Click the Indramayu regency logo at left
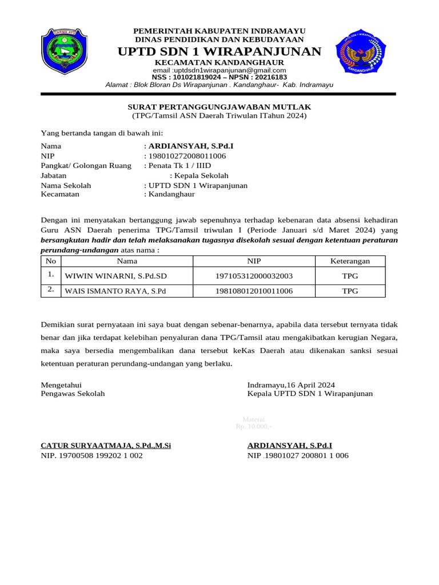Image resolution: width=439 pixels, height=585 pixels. tap(63, 51)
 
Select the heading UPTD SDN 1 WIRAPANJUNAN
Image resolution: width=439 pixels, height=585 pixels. tap(219, 52)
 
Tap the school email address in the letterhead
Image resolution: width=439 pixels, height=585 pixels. tap(219, 70)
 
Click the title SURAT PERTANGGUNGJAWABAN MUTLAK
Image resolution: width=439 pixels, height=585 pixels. tap(219, 107)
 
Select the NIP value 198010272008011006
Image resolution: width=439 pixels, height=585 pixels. tap(187, 156)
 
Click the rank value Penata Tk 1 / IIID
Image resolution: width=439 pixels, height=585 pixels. tap(178, 166)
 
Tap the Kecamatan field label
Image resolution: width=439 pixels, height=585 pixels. tap(60, 194)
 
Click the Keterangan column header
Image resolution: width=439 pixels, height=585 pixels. tap(350, 261)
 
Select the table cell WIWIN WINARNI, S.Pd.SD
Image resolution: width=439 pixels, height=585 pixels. tap(116, 276)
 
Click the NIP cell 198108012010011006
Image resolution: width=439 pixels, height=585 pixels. tap(254, 291)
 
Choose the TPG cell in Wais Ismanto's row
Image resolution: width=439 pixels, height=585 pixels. tap(350, 291)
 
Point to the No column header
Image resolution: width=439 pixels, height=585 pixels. tap(51, 261)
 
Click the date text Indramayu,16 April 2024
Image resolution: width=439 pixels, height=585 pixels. tap(291, 384)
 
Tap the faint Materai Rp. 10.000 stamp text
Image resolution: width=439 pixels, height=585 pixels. tap(253, 423)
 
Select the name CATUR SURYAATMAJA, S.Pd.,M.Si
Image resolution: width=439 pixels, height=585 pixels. tap(106, 445)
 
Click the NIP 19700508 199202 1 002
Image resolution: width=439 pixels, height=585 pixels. tap(91, 455)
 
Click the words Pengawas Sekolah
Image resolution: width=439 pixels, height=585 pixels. tap(73, 394)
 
